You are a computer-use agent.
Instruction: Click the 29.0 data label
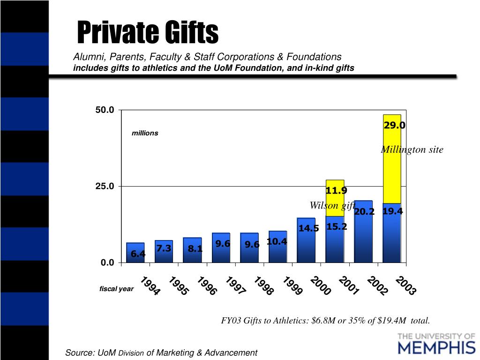tap(394, 125)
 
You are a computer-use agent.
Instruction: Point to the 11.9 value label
tap(337, 190)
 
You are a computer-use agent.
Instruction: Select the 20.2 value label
tap(364, 212)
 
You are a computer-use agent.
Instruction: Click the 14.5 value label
tap(308, 228)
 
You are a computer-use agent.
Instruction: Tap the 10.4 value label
tap(277, 241)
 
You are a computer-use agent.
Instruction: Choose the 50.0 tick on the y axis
tap(105, 110)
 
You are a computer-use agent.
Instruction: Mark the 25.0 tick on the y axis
tap(105, 186)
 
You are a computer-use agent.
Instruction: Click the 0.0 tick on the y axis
tap(107, 262)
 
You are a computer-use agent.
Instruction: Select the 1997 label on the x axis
tap(236, 286)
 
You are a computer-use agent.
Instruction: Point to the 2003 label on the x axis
tap(406, 286)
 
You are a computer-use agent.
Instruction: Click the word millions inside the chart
tap(145, 133)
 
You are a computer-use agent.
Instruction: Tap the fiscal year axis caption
tap(116, 289)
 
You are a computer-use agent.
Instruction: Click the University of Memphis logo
tap(436, 343)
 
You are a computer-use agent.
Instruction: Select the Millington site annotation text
tap(412, 150)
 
